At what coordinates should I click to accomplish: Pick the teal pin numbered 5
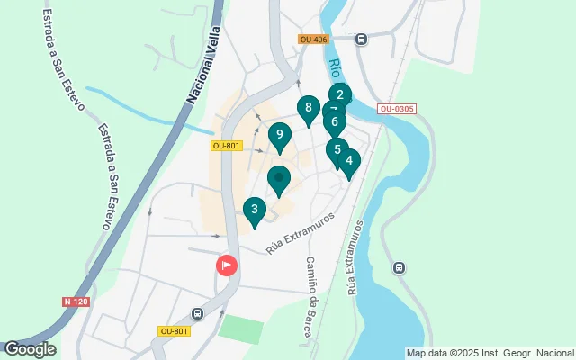(337, 150)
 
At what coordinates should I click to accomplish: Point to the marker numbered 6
(334, 122)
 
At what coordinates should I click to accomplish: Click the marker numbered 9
(280, 137)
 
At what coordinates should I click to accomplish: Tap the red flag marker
(227, 265)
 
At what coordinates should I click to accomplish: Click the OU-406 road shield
(314, 39)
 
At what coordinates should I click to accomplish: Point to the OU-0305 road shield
(397, 109)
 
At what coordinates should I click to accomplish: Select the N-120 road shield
(76, 301)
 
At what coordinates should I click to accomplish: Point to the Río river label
(335, 69)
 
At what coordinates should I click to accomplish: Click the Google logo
(30, 349)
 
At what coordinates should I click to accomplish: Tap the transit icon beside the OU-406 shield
(361, 39)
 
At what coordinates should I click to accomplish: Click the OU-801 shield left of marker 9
(227, 146)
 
